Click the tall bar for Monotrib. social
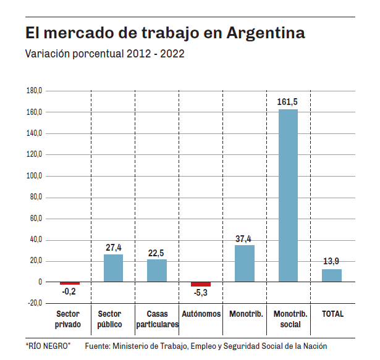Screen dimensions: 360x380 287,195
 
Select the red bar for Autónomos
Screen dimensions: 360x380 201,284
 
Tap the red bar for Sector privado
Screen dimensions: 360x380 69,283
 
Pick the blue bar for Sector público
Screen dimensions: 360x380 113,268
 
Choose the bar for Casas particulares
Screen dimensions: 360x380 157,270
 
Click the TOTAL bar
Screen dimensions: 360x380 332,275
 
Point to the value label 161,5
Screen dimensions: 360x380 289,102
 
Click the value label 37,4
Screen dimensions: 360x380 245,239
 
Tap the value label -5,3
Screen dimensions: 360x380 201,293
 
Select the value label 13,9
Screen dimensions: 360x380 332,262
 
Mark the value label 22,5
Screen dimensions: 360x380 157,253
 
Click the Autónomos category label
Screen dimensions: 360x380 201,314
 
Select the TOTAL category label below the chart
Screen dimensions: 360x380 332,314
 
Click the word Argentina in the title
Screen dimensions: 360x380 266,32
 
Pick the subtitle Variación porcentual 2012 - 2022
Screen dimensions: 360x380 104,54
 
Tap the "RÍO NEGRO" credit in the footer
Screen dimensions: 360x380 48,346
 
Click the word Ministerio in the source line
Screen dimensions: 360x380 132,346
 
